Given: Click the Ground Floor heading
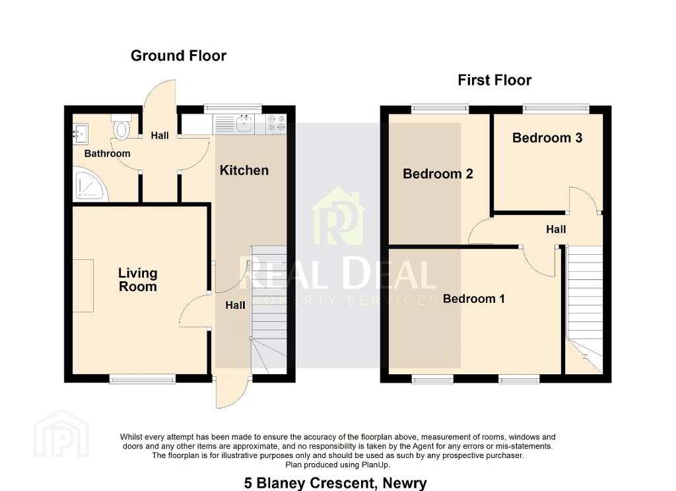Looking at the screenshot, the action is pos(178,55).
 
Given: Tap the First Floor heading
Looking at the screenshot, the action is pos(494,80).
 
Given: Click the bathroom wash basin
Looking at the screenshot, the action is pos(80,133).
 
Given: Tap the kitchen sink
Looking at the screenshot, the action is pos(244,124).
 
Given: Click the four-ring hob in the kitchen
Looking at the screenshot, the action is pos(276,124).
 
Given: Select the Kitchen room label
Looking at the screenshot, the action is pos(244,170).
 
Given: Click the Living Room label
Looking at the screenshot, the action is pos(138,280).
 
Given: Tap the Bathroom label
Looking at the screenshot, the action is pos(108,154).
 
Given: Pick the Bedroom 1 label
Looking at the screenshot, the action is pos(473,299).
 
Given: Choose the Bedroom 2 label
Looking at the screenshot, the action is pos(438,174).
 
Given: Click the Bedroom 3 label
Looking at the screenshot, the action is pos(547,138).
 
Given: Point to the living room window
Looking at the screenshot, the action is pos(143,379).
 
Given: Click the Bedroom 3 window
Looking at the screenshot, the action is pos(556,108).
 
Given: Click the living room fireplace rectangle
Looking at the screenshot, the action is pos(83,286).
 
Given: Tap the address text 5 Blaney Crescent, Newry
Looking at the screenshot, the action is pos(335,483).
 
